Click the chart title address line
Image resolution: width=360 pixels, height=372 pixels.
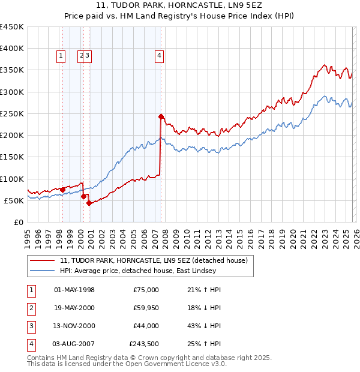pos(179,5)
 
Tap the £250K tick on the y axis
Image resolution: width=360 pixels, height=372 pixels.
pos(12,113)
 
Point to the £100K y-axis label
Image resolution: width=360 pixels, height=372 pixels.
pos(12,179)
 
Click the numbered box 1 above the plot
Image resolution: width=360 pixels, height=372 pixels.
pos(61,56)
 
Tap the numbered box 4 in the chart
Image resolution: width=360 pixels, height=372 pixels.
pos(160,56)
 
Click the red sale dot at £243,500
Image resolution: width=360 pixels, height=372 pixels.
pos(161,116)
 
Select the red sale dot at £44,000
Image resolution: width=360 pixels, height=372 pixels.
pos(89,203)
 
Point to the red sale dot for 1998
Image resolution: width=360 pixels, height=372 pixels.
pos(62,190)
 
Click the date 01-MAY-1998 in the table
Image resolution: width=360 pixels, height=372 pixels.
pos(74,290)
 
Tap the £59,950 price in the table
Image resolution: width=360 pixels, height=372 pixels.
pos(144,308)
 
